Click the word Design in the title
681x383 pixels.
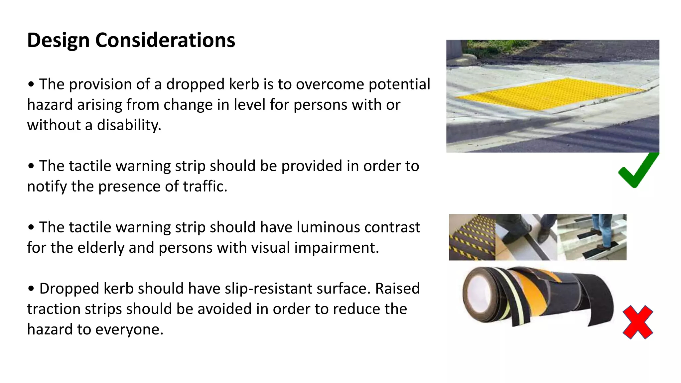pyautogui.click(x=58, y=41)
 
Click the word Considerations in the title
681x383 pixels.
pyautogui.click(x=165, y=41)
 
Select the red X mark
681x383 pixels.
pyautogui.click(x=638, y=322)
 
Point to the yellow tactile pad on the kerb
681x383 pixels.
pyautogui.click(x=549, y=93)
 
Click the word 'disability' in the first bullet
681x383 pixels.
pyautogui.click(x=129, y=125)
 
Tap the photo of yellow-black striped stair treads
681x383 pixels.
pyautogui.click(x=472, y=237)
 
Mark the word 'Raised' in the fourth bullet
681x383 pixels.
pyautogui.click(x=397, y=289)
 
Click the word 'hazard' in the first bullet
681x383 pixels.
pyautogui.click(x=50, y=105)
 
